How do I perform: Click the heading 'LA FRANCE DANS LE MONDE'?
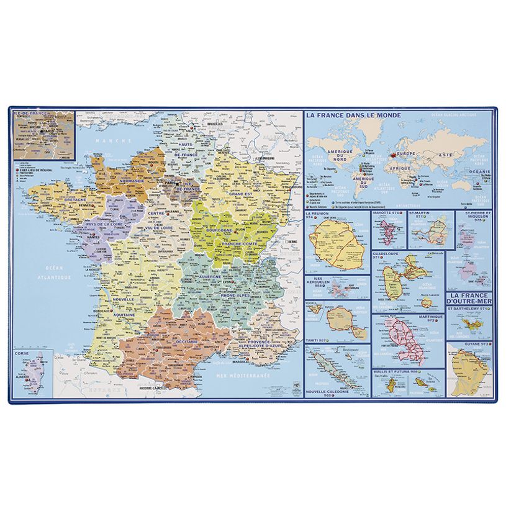(x=353, y=115)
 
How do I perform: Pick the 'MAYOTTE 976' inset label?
(x=388, y=214)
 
